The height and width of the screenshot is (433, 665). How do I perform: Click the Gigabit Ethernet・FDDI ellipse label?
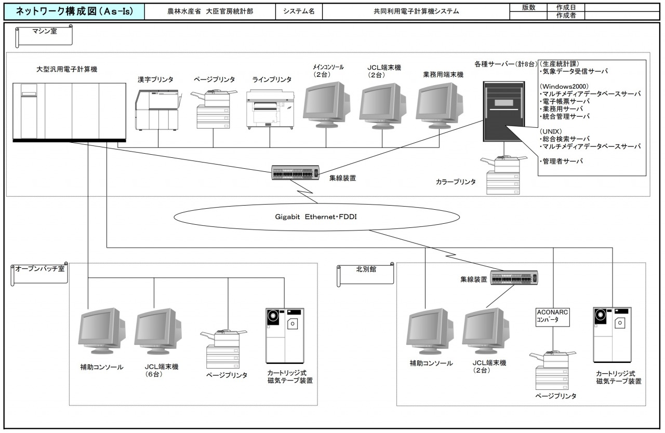(x=316, y=217)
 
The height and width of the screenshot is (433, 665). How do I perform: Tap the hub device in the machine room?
(x=295, y=173)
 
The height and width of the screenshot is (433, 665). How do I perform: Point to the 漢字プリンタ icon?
(x=156, y=110)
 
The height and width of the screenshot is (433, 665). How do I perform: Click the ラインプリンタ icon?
(x=270, y=108)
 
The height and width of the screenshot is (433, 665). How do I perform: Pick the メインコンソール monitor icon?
(x=326, y=103)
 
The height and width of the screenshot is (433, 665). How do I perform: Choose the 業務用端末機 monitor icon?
(x=440, y=103)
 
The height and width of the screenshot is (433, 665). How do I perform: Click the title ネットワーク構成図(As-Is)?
(x=73, y=11)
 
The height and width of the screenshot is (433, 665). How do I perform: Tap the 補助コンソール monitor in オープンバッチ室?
(x=101, y=331)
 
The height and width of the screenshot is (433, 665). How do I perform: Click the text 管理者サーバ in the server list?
(x=562, y=161)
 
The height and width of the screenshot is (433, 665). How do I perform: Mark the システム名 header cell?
(x=299, y=11)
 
